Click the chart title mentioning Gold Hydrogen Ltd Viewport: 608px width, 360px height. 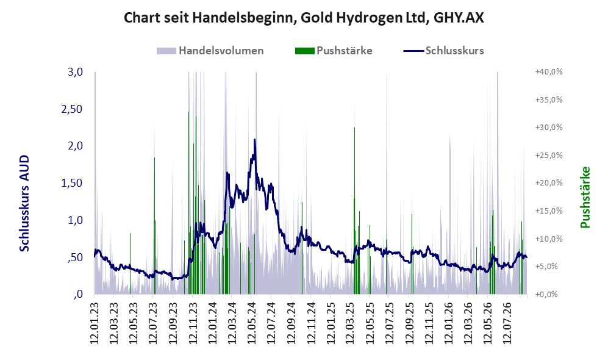click(x=304, y=18)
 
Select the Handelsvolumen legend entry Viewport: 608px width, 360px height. click(x=210, y=51)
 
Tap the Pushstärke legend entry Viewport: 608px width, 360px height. click(x=334, y=51)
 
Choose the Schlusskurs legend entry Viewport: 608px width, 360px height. click(x=443, y=51)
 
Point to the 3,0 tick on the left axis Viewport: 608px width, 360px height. click(x=75, y=72)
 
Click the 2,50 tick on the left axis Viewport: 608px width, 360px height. click(x=72, y=109)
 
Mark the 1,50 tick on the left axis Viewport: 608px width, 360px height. click(x=72, y=183)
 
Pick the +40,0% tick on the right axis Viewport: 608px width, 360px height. click(x=549, y=72)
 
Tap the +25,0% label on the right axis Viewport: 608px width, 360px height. click(x=549, y=155)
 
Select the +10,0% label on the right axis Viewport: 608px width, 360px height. click(x=549, y=239)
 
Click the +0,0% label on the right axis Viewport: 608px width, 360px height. click(x=547, y=294)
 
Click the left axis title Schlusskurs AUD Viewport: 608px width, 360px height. click(x=24, y=203)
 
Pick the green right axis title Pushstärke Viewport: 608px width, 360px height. click(x=585, y=197)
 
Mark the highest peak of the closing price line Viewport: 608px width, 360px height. click(x=254, y=140)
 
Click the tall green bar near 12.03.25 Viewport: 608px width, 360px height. click(x=354, y=211)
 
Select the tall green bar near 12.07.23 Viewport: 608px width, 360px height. click(x=154, y=225)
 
